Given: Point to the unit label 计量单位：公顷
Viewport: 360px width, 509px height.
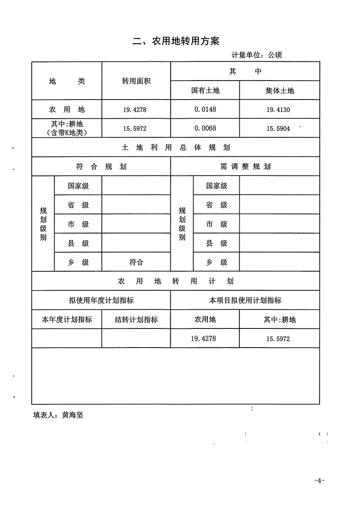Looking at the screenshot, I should (257, 55).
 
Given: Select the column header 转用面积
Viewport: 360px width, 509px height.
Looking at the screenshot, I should (136, 81).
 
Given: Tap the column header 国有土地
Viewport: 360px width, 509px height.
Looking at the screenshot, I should (205, 90).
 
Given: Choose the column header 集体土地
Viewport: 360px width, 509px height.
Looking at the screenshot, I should (280, 90).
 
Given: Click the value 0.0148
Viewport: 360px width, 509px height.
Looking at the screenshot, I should (205, 109).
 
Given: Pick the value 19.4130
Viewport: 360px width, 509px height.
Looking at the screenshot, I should (278, 110).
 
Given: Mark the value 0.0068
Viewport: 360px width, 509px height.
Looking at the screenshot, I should (205, 128).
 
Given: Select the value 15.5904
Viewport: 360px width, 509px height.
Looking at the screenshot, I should (278, 128).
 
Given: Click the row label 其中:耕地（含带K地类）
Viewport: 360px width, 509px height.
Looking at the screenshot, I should (67, 128).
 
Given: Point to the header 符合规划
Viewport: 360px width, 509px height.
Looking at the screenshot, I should (101, 167).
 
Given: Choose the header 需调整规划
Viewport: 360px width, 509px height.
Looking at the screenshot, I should (245, 167).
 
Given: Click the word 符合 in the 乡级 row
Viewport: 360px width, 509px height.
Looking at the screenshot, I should (136, 262).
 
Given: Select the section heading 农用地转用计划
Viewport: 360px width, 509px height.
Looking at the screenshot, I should (176, 281).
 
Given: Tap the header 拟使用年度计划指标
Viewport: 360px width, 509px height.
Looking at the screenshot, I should (101, 300).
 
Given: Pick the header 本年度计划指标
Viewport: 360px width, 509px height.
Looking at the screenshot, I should (67, 320).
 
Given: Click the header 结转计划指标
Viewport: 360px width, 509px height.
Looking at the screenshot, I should (136, 320).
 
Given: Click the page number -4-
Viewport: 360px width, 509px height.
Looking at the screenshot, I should (319, 481).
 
